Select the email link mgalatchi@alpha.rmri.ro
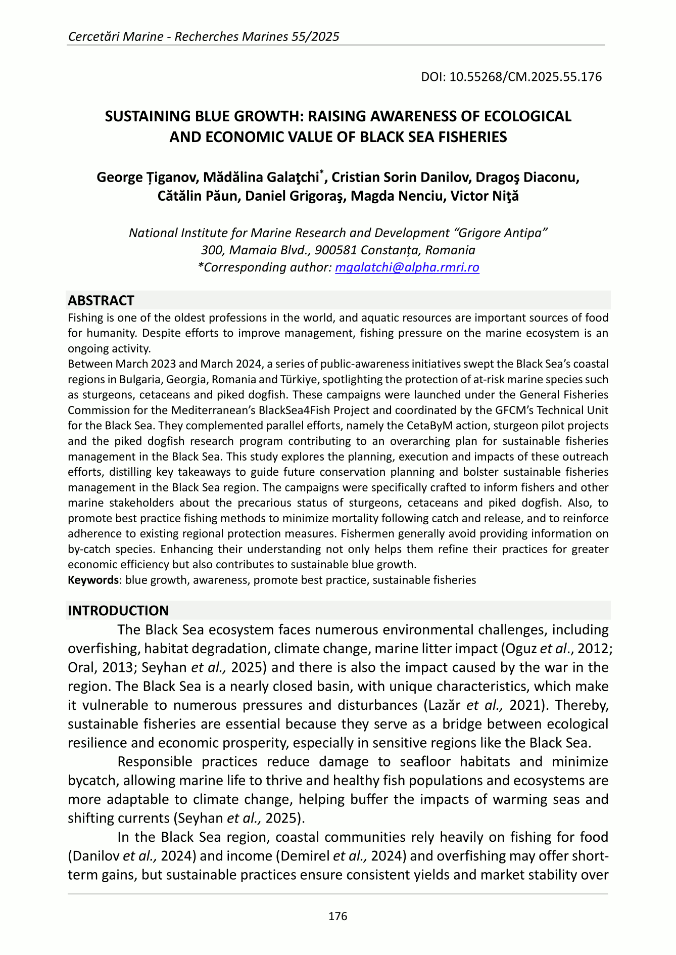pos(407,267)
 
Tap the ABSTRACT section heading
pos(101,301)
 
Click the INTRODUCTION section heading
pos(118,611)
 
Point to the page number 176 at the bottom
pos(337,916)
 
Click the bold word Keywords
pos(93,580)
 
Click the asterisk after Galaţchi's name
pos(321,173)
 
